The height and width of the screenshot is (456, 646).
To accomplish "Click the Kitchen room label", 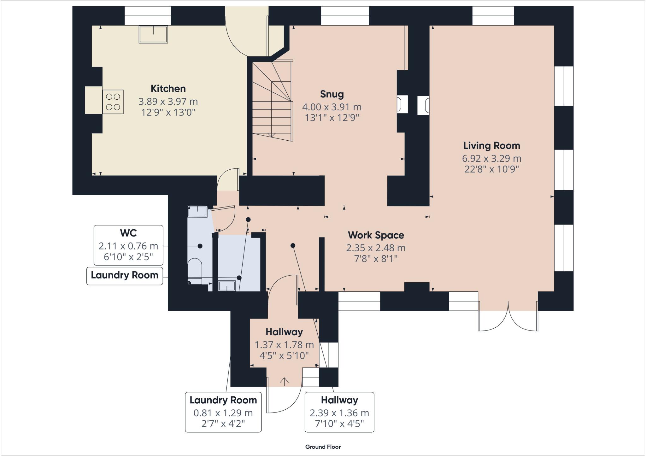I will pos(168,88).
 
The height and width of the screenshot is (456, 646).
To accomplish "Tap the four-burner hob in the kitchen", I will pos(113,102).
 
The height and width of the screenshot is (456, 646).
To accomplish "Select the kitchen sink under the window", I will pos(153,34).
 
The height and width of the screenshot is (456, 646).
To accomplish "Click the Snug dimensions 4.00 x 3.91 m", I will pos(332,107).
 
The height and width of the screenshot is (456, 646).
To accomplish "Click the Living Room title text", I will pos(491,146).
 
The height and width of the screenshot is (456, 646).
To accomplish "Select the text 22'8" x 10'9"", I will pos(491,169).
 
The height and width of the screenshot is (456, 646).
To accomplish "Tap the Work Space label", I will pos(376,235).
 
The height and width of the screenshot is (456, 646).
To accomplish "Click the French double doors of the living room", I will pos(508,317).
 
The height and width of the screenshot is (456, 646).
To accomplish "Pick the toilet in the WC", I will pos(195,268).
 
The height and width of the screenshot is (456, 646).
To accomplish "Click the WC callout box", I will pos(128,245).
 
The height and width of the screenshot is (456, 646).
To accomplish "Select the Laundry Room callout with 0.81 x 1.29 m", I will pos(223,412).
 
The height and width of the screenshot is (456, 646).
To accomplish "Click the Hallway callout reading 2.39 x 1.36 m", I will pos(339,412).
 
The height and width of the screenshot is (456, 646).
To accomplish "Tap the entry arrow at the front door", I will pos(284,382).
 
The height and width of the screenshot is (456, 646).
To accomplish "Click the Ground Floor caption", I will pos(323,447).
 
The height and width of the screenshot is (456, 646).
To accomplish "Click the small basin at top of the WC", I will pos(197,211).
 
